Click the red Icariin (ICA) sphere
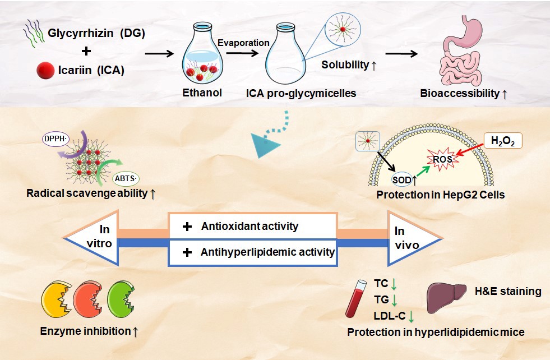pos(45,71)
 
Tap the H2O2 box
pos(503,139)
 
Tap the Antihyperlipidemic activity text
pos(267,252)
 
